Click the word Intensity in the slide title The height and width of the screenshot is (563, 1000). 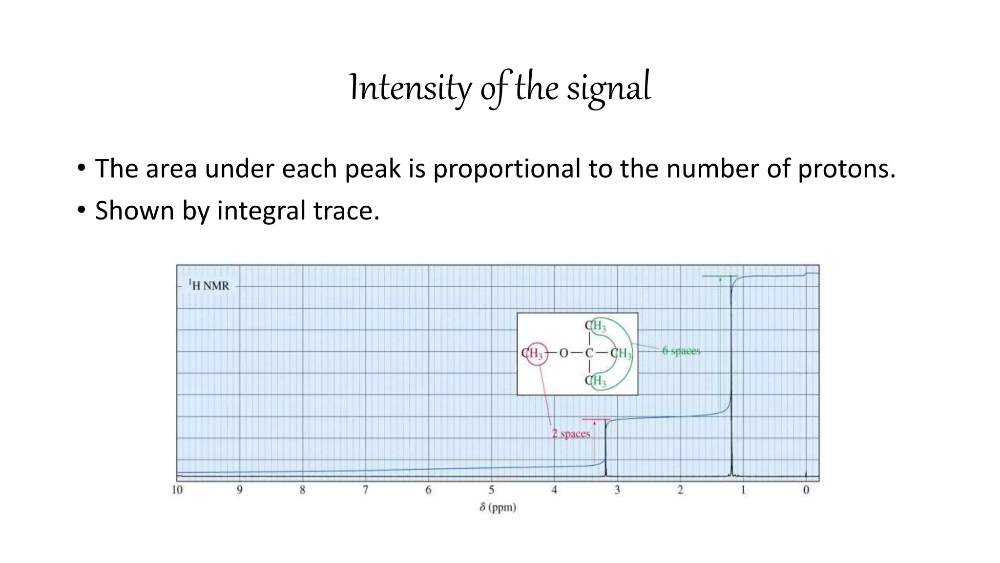point(410,88)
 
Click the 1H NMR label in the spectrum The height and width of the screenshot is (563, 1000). point(209,285)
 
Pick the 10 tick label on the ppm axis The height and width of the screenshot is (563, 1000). point(177,490)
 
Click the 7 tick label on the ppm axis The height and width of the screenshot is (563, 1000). point(365,490)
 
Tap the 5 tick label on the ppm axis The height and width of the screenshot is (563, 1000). point(491,490)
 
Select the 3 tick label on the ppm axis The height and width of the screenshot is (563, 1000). point(617,490)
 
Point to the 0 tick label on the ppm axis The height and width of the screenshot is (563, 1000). point(806,490)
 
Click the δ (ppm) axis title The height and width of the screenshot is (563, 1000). point(498,507)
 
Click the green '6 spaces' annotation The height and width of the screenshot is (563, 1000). point(681,351)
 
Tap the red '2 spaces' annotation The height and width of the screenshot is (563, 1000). point(571,433)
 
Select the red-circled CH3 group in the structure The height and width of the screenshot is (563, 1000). point(533,353)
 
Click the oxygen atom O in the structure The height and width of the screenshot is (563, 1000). point(563,353)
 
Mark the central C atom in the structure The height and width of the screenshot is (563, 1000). point(589,353)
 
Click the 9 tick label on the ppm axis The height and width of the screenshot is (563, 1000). point(240,490)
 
